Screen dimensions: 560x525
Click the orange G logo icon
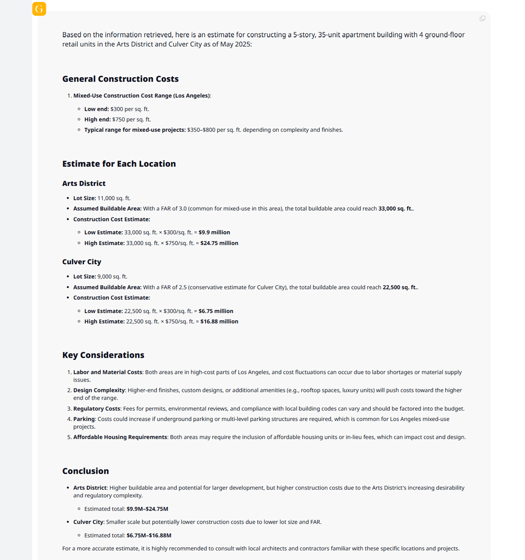coord(39,9)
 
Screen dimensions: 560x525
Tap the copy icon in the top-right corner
coord(483,19)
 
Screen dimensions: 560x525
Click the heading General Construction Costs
coord(120,79)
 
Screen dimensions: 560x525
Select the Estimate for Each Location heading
coord(119,164)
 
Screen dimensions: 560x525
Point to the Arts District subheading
coord(84,184)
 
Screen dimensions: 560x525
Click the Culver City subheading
coord(82,262)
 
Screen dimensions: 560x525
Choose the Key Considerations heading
coord(103,355)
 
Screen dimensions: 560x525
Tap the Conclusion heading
coord(85,471)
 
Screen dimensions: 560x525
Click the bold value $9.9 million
coord(214,233)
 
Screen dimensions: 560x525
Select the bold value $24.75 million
coord(219,243)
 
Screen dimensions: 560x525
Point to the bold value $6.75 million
coord(216,311)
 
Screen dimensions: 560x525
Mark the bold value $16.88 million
coord(219,321)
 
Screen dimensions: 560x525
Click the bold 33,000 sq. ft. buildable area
coord(396,209)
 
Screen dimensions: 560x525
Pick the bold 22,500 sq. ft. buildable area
coord(400,288)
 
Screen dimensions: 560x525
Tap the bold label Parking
coord(84,419)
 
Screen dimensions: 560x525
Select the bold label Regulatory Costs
coord(96,409)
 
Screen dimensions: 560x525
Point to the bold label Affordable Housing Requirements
coord(120,437)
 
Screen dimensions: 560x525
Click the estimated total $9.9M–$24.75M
coord(147,509)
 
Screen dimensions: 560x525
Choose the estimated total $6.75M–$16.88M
coord(149,536)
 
